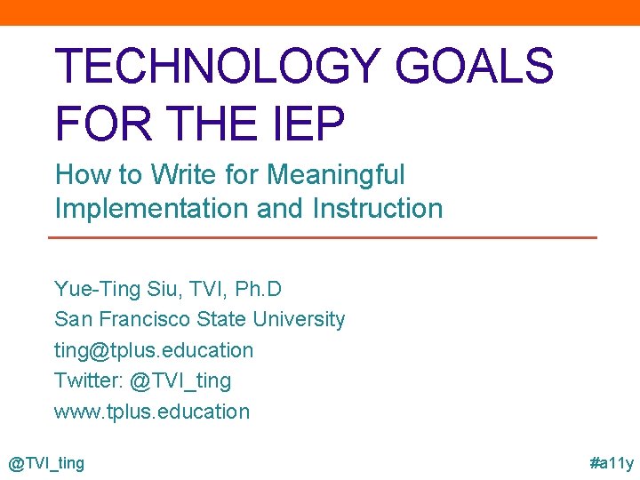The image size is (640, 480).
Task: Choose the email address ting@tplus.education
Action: click(154, 350)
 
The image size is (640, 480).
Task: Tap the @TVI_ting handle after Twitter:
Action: click(180, 380)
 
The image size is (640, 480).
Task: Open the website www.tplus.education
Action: click(152, 412)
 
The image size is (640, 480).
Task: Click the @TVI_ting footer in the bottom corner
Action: click(46, 463)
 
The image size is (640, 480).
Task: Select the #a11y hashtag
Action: click(612, 463)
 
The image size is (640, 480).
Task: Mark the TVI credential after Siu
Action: click(207, 290)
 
